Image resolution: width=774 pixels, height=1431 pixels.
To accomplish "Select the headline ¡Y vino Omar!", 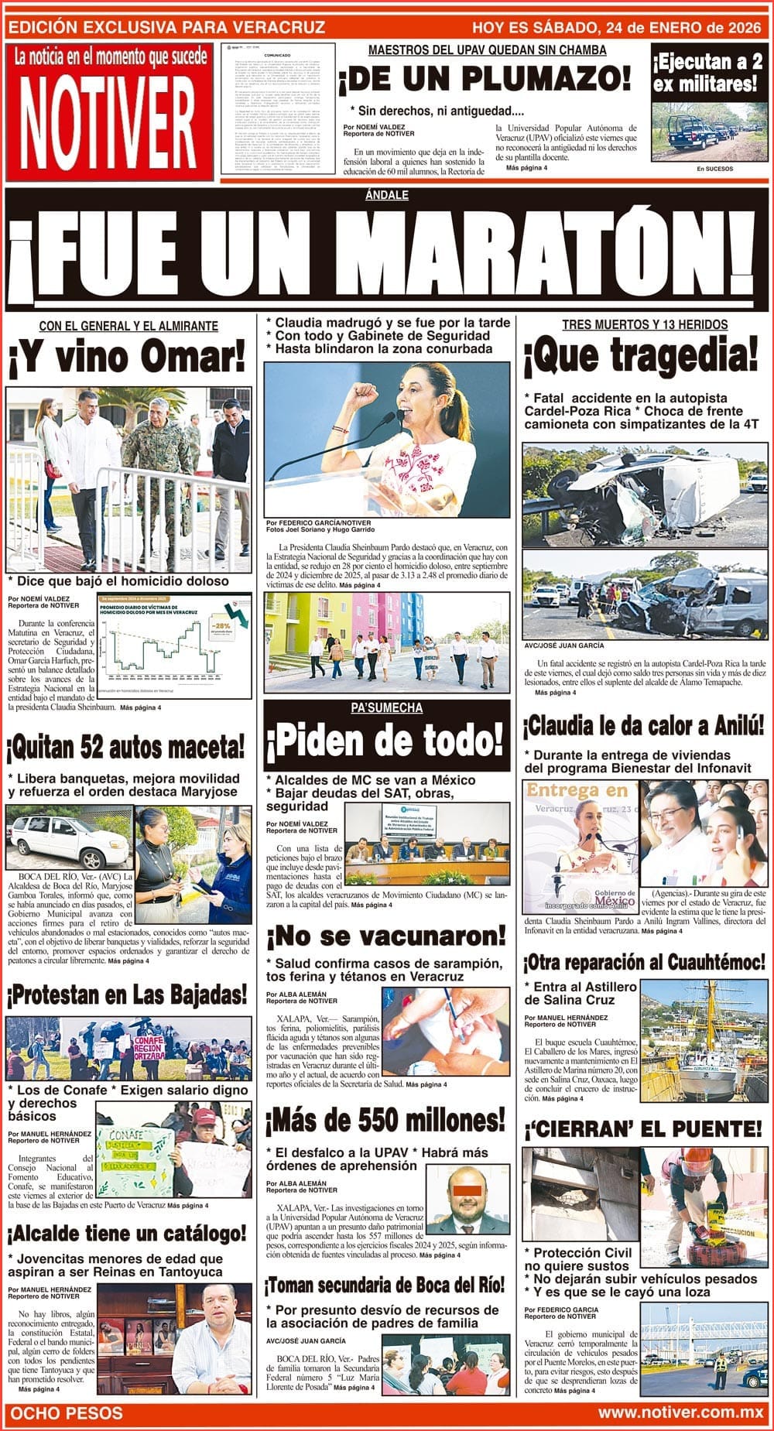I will point(128,358).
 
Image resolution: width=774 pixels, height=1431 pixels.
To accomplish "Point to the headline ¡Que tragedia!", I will point(640,356).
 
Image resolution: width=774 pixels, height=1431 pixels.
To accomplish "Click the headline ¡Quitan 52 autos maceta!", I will point(126,748).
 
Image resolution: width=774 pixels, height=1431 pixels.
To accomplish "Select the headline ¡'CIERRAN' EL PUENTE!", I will point(643,1128).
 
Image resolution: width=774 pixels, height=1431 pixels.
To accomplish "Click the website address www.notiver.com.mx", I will point(680,1412).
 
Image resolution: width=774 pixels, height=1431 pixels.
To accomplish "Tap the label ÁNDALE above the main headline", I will point(386,195).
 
